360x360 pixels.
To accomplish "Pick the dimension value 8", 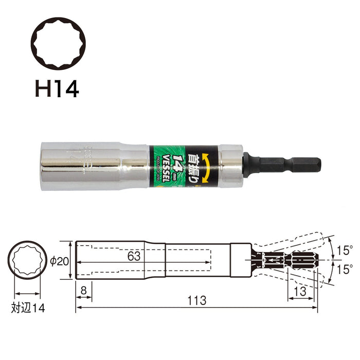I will point(84,291).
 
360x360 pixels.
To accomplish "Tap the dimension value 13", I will point(300,291).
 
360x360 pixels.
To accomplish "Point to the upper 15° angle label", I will point(345,251).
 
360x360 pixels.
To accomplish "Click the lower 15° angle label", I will point(345,269).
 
